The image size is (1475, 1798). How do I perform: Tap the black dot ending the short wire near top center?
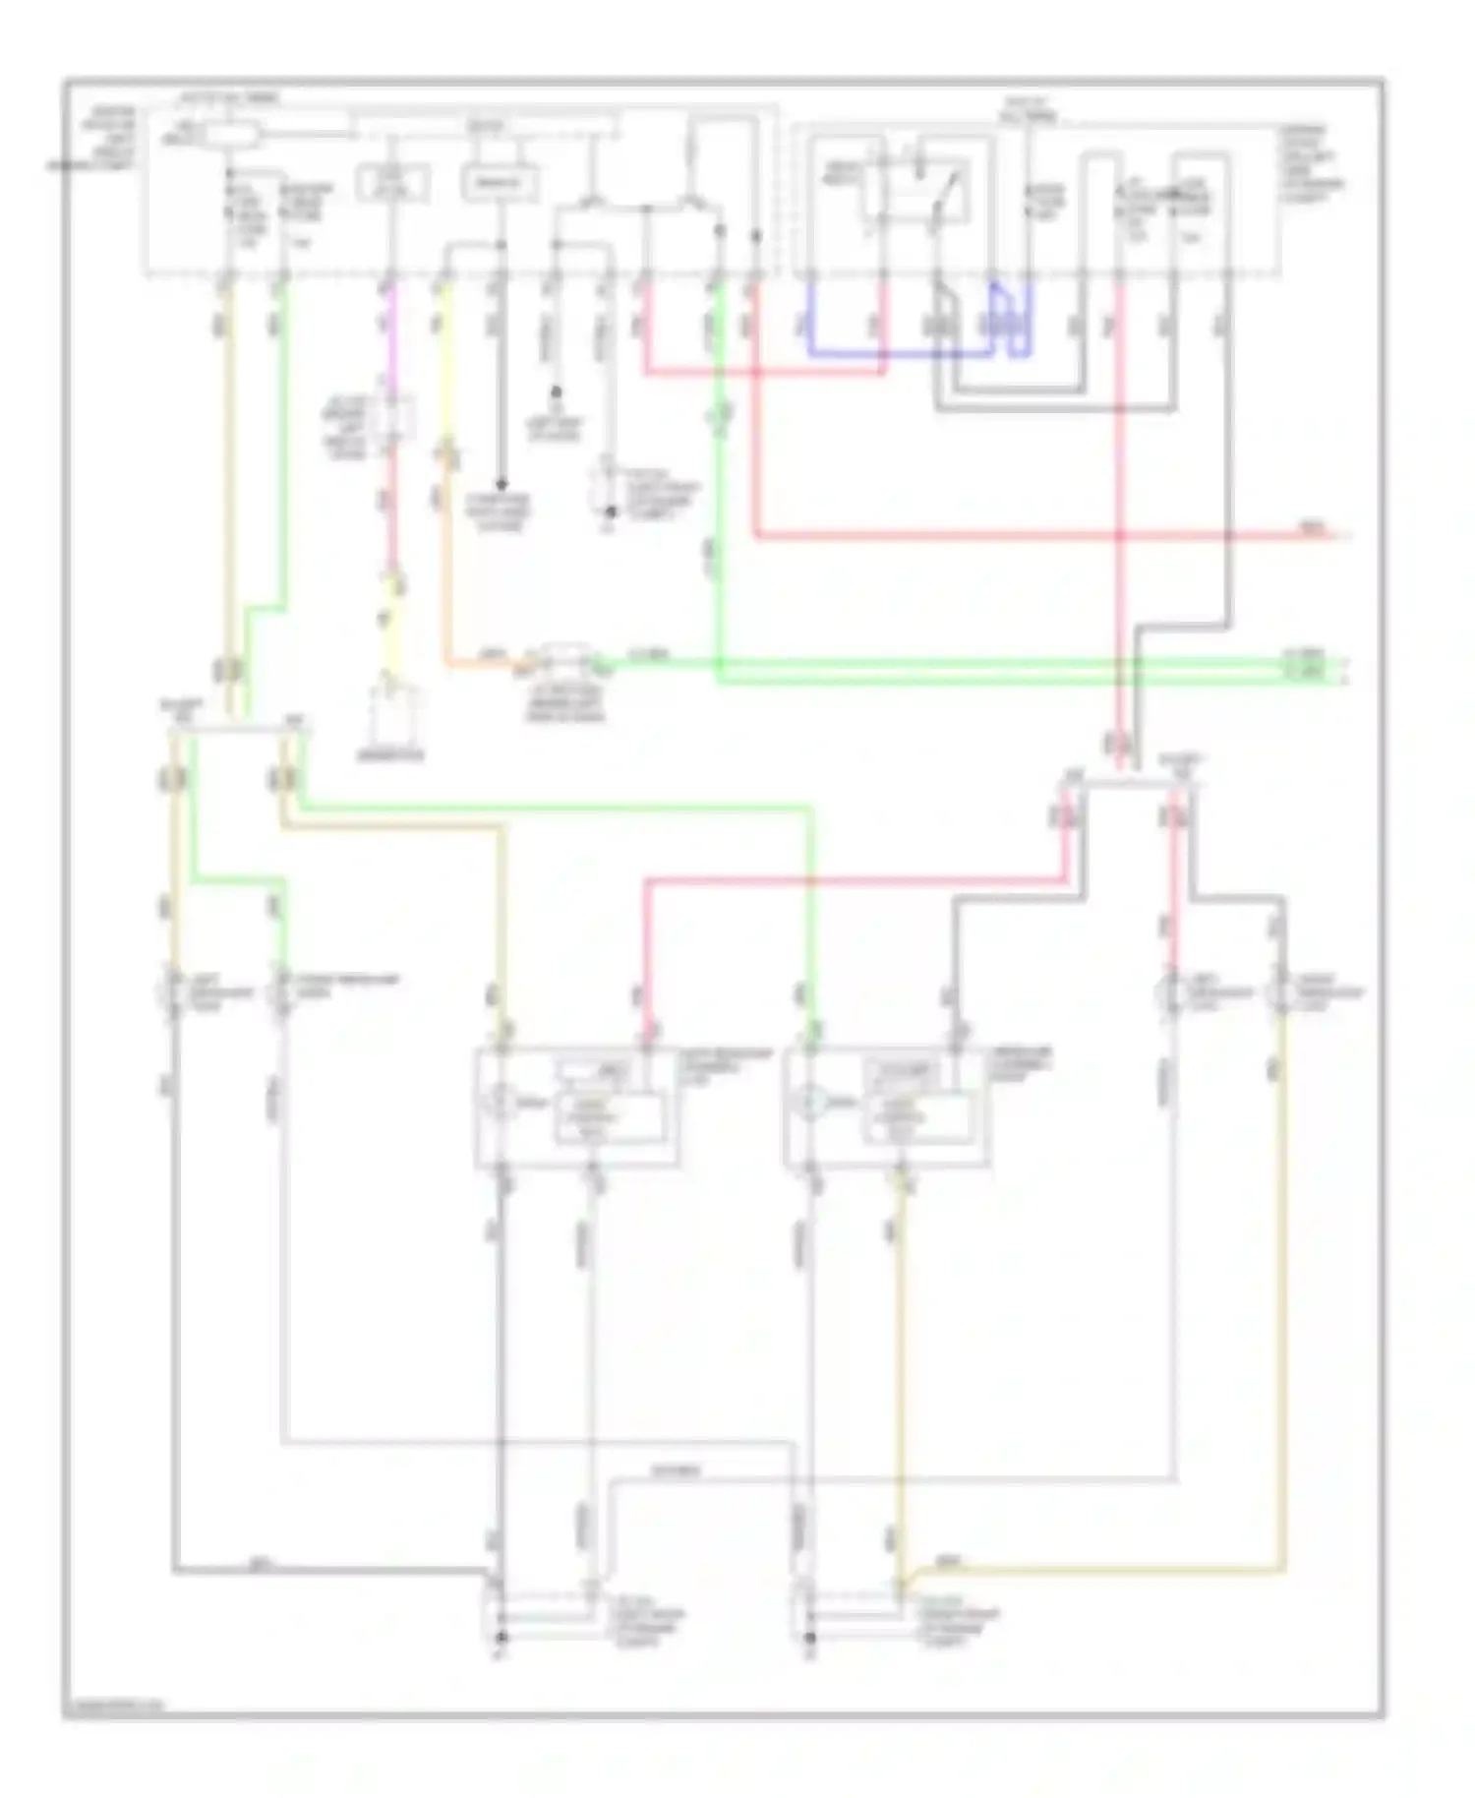tap(556, 391)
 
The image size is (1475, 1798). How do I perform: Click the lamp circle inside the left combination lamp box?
tap(499, 1103)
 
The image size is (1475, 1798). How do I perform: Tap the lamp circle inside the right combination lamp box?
tap(810, 1103)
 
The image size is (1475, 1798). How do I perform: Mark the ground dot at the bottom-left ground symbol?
tap(501, 1637)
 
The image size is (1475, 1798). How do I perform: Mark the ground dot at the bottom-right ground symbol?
tap(810, 1637)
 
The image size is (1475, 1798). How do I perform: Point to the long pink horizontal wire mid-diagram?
tap(855, 881)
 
